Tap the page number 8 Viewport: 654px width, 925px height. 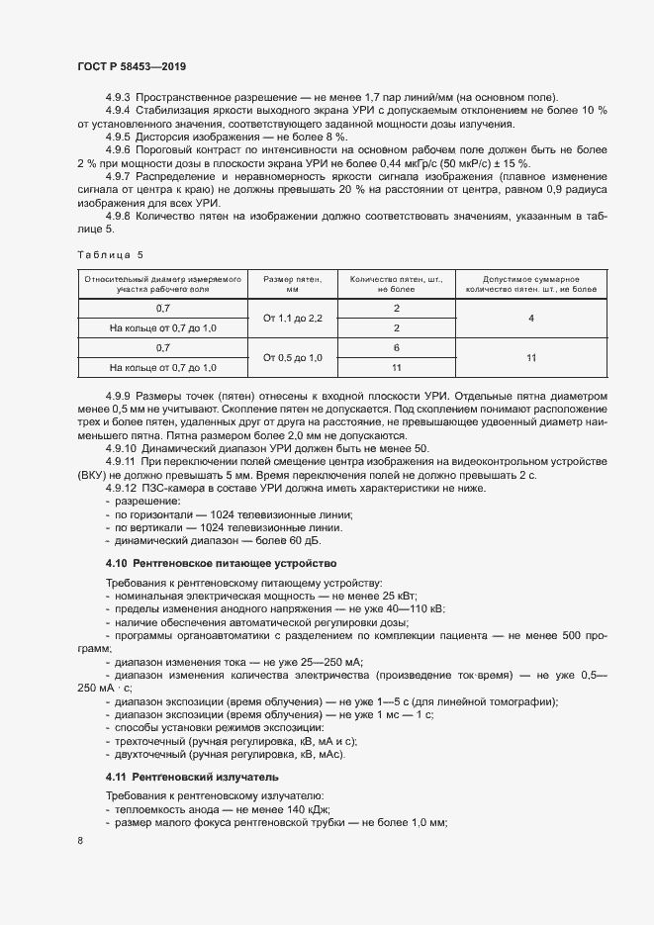click(x=80, y=840)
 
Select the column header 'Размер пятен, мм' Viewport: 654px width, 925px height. click(x=292, y=286)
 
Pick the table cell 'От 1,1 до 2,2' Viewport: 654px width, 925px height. click(x=292, y=318)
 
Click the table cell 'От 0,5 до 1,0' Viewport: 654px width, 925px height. click(x=292, y=357)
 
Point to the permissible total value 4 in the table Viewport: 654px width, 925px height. click(x=531, y=318)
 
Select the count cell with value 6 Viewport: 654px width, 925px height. click(x=395, y=347)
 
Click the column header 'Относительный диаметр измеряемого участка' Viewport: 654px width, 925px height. click(x=163, y=286)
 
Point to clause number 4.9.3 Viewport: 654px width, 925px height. click(x=118, y=97)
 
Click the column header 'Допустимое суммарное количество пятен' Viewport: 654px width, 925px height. click(x=531, y=286)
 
